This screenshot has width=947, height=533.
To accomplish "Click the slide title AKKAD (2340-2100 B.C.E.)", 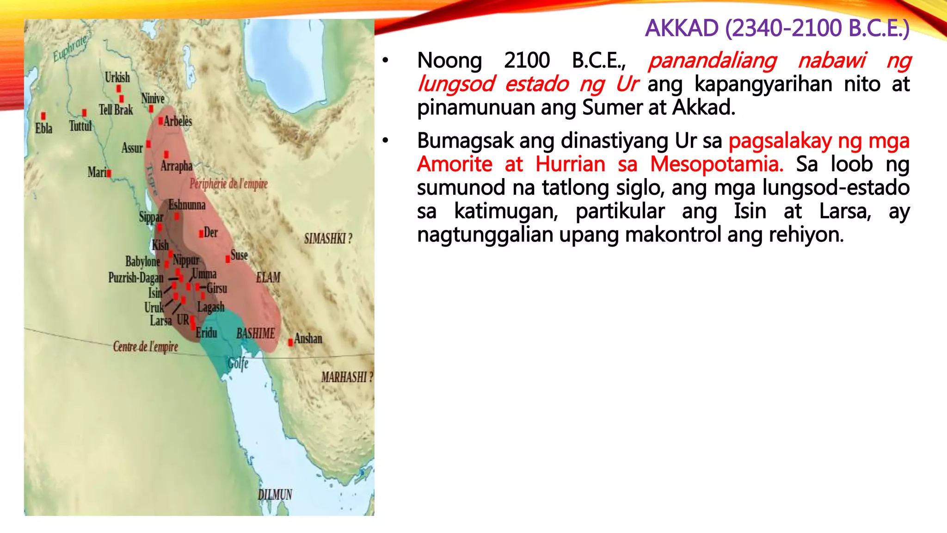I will click(777, 28).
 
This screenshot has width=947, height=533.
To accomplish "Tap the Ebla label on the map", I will click(44, 128).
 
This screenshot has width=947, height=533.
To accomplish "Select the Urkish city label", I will click(117, 77).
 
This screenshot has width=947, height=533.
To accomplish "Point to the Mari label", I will click(97, 173).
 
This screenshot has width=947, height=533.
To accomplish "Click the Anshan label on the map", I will click(308, 339).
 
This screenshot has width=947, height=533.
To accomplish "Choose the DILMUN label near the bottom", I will click(275, 495).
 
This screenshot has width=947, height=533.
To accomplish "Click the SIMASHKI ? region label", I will click(328, 239).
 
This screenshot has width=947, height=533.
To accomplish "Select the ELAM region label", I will click(268, 278).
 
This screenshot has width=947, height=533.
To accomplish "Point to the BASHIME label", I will click(255, 334).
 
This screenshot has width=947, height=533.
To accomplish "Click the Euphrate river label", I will click(70, 48).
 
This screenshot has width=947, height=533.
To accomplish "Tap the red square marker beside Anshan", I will click(290, 342).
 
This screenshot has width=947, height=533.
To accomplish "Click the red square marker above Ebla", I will click(43, 116).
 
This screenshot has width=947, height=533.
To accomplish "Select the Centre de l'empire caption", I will click(145, 347).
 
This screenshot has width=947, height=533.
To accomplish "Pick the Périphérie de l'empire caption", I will click(228, 184).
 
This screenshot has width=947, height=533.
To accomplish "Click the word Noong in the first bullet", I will click(449, 61).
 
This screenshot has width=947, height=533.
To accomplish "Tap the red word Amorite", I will click(455, 164).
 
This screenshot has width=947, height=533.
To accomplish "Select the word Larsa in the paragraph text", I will click(845, 211).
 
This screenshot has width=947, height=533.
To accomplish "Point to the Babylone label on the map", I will click(142, 261).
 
